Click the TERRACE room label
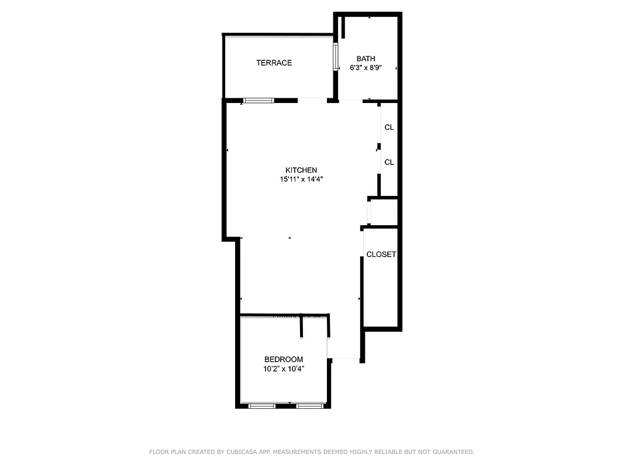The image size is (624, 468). point(274,63)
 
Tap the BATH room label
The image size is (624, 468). point(366,58)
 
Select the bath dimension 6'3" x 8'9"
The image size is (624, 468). point(366,68)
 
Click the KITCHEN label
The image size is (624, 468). point(301,170)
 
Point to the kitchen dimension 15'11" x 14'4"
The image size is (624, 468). point(301,180)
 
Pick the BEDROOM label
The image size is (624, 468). point(284,359)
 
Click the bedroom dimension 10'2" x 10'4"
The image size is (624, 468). point(284,369)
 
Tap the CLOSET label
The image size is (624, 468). point(381,254)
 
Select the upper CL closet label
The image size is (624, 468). point(389,127)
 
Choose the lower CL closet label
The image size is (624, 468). point(389,162)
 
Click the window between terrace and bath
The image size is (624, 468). point(336,57)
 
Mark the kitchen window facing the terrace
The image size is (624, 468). point(258,101)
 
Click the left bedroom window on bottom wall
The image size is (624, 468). point(261,405)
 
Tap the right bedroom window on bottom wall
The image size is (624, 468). point(310,405)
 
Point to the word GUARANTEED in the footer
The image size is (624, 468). point(451,452)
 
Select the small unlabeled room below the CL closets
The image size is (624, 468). point(384,212)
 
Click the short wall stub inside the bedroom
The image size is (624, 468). point(302,325)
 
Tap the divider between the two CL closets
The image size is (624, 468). point(379,146)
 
